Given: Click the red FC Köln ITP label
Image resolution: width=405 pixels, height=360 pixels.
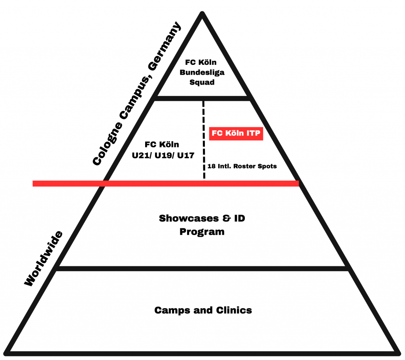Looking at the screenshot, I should tap(236, 134).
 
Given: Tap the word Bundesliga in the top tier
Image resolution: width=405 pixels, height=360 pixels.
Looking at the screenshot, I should tap(202, 72).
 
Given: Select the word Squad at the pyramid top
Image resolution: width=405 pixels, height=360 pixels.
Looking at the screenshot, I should tap(202, 83).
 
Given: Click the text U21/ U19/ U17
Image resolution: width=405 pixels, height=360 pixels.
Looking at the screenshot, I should tap(163, 155).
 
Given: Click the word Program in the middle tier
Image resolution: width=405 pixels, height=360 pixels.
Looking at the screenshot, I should tap(202, 232).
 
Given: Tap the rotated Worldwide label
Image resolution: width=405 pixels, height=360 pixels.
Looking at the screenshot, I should tap(43, 258).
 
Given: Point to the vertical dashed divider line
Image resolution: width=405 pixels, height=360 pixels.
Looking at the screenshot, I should tap(204, 138).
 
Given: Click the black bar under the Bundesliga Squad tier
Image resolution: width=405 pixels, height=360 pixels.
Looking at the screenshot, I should tap(202, 98).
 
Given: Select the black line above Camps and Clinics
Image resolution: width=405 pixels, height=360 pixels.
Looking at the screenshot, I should tap(202, 269).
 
